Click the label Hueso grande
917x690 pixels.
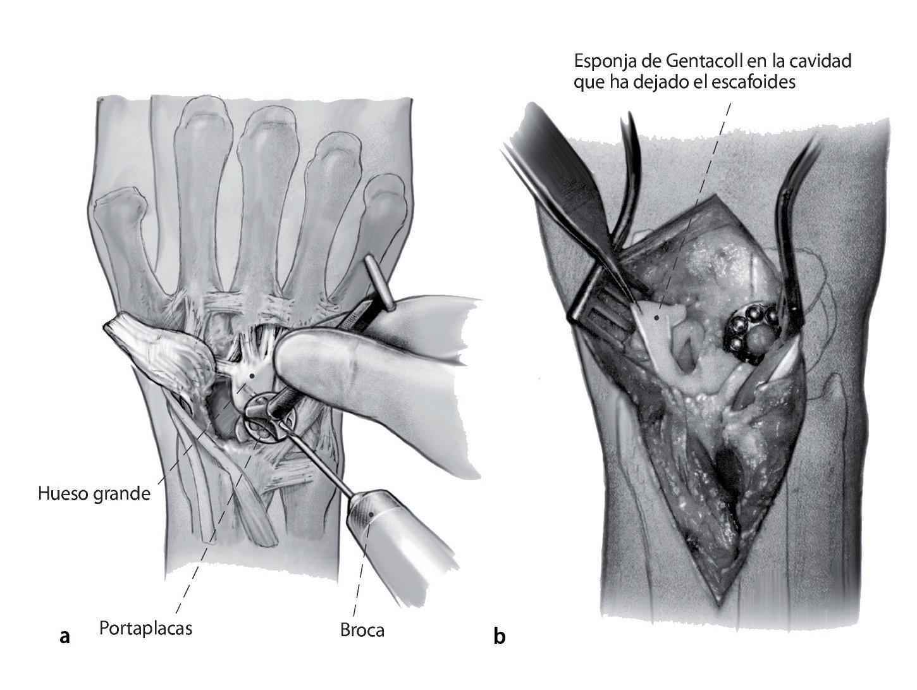(x=94, y=493)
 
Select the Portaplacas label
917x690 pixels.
(x=145, y=628)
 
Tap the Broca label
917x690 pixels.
(x=362, y=630)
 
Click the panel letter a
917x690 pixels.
(x=64, y=636)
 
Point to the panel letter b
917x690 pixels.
(x=500, y=636)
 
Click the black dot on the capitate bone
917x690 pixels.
(x=252, y=376)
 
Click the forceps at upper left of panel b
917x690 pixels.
(x=557, y=183)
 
